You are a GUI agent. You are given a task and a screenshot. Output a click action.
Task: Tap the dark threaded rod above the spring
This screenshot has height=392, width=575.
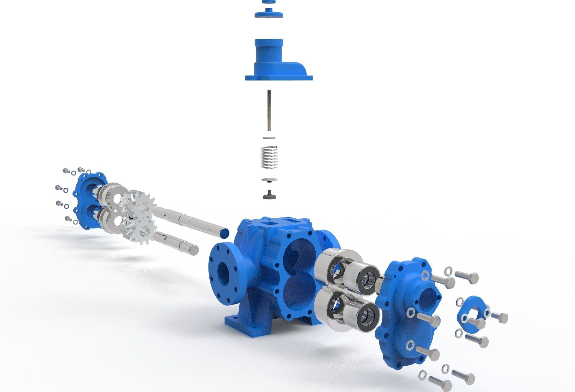(x=268, y=111)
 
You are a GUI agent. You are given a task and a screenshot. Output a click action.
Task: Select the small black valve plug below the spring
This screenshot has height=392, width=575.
(x=268, y=195)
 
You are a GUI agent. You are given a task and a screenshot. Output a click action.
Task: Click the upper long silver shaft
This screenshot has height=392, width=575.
(x=192, y=220)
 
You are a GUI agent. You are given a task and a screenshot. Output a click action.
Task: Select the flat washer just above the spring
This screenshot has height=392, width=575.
(x=269, y=137)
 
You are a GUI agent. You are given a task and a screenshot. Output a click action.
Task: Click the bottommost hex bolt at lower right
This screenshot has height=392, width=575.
(x=440, y=383)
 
